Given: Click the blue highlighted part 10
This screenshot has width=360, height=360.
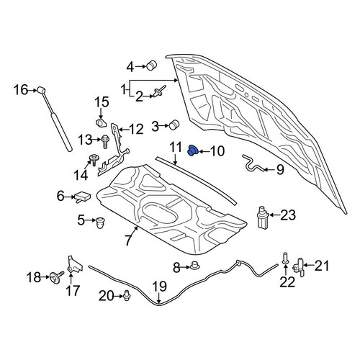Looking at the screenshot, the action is [x=192, y=150].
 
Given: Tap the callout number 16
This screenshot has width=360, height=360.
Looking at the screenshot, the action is [x=21, y=90].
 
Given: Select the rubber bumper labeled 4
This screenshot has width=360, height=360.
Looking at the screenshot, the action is [x=151, y=65].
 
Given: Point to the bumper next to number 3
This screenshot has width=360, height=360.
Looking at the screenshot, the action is [x=174, y=125].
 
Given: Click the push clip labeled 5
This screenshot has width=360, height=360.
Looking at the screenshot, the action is [x=100, y=222].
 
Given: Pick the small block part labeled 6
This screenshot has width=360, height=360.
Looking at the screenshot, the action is [x=83, y=197].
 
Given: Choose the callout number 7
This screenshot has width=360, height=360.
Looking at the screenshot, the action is [x=128, y=240].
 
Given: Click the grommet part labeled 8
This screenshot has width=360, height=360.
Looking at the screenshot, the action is [x=195, y=266].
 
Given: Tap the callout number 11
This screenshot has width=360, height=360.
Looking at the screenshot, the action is [x=176, y=148].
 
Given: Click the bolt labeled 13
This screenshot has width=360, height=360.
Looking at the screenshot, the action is [x=105, y=141].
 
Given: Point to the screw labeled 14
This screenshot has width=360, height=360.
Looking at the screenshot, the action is [x=93, y=160].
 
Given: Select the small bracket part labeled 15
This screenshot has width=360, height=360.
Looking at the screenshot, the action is [x=101, y=122].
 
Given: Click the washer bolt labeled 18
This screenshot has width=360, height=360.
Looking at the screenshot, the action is [x=56, y=277].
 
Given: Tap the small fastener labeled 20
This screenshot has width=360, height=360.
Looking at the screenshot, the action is [x=127, y=295].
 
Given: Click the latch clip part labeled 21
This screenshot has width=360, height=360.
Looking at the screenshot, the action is [x=299, y=267].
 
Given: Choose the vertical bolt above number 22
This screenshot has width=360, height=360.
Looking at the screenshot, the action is [x=285, y=258].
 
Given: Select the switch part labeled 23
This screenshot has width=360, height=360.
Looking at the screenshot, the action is [x=264, y=217].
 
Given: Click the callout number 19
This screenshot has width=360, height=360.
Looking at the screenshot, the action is [x=160, y=287].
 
